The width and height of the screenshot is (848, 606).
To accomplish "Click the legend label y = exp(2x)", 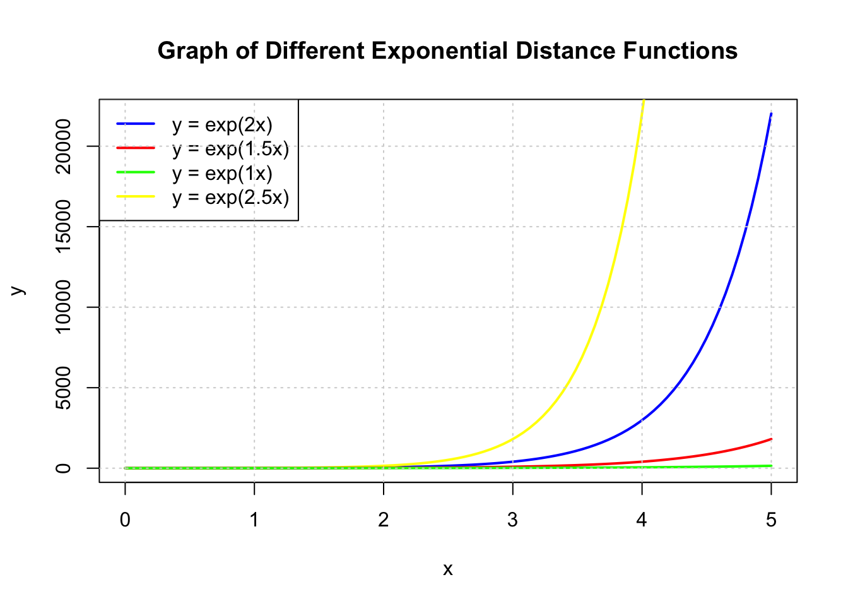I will click(x=222, y=124).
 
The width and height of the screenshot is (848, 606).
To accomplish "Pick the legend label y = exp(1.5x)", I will click(x=230, y=149).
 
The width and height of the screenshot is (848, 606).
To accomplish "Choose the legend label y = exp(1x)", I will click(x=222, y=173).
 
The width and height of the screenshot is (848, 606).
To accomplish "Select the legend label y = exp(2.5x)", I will click(x=230, y=198).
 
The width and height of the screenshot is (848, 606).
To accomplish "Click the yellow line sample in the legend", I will click(x=136, y=197).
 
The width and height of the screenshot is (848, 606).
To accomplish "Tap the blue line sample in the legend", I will click(x=136, y=124).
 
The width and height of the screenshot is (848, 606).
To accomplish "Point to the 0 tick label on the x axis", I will click(x=125, y=520).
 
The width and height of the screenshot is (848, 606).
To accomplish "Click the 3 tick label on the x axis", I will click(x=512, y=520).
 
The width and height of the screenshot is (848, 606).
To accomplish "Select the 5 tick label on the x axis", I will click(x=771, y=520).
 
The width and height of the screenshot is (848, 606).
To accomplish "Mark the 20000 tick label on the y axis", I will click(x=63, y=146).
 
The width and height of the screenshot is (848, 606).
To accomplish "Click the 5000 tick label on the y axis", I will click(x=63, y=388).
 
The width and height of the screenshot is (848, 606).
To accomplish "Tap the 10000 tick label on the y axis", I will click(x=63, y=307).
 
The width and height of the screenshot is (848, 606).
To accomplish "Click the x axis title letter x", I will click(x=447, y=569).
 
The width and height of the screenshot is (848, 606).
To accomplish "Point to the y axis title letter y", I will click(x=18, y=290).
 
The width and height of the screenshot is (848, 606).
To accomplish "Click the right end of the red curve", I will click(x=771, y=439).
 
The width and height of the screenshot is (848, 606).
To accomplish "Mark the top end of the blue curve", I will click(x=771, y=114).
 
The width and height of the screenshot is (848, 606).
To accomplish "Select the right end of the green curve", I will click(x=771, y=466).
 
